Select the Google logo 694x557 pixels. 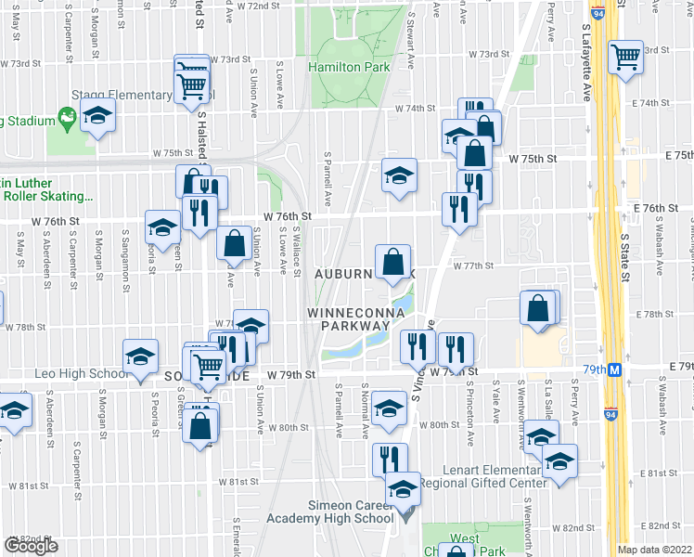(x=31, y=546)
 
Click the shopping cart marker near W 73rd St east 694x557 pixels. (x=625, y=58)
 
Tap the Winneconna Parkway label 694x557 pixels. (x=355, y=319)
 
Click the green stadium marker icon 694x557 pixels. (x=66, y=118)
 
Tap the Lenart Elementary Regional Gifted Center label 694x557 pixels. (x=482, y=475)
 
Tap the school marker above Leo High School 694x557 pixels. (x=140, y=356)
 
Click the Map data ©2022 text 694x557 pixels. (x=655, y=550)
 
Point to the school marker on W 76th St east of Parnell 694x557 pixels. (x=398, y=175)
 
